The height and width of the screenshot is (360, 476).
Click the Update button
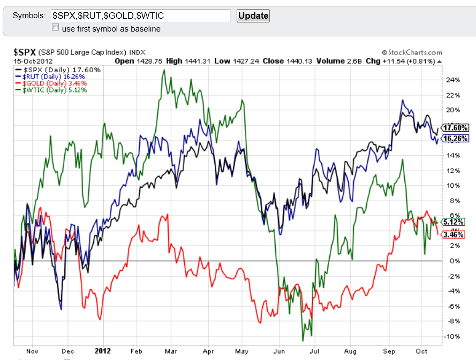tap(253, 16)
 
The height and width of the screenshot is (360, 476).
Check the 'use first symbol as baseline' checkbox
tap(55, 27)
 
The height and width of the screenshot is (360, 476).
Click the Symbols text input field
tap(140, 16)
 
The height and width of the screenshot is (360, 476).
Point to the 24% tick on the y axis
tap(453, 80)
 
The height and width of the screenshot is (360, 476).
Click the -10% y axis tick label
tap(452, 336)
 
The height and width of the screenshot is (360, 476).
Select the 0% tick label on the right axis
tap(455, 261)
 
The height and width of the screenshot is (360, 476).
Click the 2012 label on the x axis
tap(102, 351)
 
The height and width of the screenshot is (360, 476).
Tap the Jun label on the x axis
tap(278, 351)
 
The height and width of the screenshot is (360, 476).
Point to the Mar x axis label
tap(171, 351)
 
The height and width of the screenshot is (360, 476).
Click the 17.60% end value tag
tap(456, 128)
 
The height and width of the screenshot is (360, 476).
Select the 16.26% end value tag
tap(456, 138)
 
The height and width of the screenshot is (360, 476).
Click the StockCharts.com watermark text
tap(412, 52)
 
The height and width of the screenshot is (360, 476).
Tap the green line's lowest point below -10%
tap(303, 341)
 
